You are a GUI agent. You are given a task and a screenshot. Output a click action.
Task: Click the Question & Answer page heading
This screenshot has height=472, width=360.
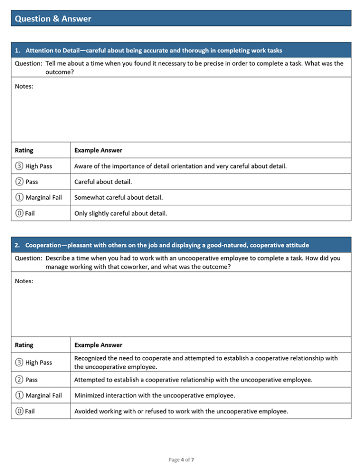point(53,19)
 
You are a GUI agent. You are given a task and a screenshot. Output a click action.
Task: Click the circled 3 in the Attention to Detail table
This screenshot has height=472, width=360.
point(19,166)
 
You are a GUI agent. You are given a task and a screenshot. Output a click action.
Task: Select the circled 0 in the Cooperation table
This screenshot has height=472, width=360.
point(19,411)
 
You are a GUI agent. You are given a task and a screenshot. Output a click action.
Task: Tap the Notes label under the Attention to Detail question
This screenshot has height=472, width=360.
point(24,86)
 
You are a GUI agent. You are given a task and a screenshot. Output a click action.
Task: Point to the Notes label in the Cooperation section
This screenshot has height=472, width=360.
point(24,281)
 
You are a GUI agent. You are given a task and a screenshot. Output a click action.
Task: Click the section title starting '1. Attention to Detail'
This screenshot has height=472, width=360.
point(148,50)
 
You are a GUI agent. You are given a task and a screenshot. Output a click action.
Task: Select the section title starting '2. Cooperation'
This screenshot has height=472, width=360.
point(162,245)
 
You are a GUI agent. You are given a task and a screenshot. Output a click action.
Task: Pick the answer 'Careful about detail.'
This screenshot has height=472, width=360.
point(103,182)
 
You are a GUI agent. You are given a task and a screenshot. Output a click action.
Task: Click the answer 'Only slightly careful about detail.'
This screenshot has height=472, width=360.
point(120,213)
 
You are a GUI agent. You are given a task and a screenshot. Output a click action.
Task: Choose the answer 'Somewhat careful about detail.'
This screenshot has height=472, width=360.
point(118,198)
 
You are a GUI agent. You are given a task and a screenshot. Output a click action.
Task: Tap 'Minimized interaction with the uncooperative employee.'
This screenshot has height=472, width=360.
point(154,395)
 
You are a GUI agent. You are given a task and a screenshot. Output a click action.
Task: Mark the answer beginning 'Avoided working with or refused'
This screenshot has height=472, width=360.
point(181,411)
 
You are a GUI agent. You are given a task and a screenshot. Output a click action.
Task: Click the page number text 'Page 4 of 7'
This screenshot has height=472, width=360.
point(181,460)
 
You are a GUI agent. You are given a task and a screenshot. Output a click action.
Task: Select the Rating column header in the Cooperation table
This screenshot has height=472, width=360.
point(24,345)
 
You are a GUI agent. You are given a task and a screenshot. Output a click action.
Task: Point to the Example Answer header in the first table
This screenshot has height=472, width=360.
point(98,150)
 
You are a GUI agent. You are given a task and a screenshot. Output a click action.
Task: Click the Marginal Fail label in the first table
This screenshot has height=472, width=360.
point(44,198)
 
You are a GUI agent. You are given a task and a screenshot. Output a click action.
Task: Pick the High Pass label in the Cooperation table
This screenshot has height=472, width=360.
point(39,363)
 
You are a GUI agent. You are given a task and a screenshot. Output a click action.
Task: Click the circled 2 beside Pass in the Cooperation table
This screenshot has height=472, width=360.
point(19,380)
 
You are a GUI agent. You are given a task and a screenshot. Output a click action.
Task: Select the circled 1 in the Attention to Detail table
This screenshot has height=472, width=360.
point(19,198)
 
